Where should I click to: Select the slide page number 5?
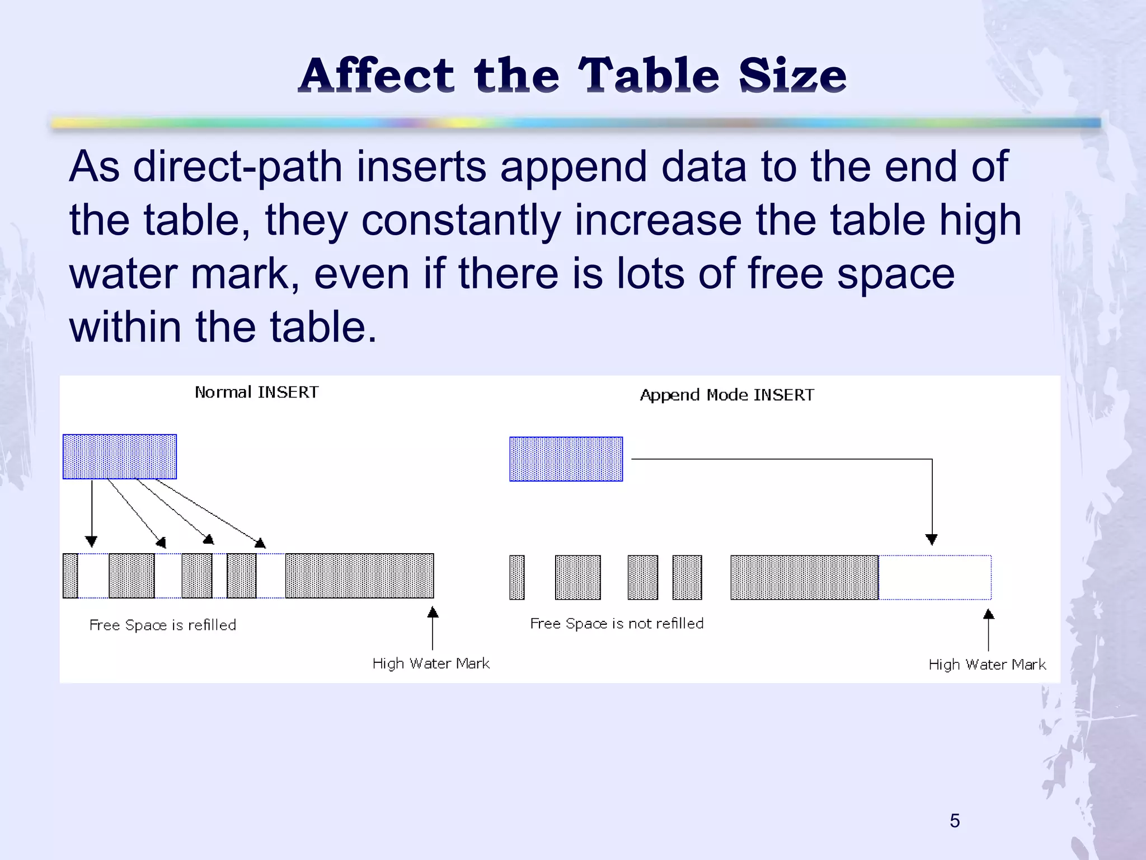[x=955, y=821]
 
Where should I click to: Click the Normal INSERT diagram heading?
[x=257, y=392]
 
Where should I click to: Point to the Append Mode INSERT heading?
[x=727, y=395]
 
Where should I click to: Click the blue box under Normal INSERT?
[x=120, y=457]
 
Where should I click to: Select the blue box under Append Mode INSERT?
[x=566, y=459]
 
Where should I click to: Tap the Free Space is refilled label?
[x=163, y=625]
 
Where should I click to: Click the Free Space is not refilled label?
[x=617, y=624]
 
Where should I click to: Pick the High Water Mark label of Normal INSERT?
[x=431, y=663]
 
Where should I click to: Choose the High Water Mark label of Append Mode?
[x=987, y=665]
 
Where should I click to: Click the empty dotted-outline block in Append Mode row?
[x=934, y=577]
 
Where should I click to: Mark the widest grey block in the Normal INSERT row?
[x=359, y=576]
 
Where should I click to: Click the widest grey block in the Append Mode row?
[x=804, y=577]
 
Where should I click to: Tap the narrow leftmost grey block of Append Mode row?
[x=517, y=577]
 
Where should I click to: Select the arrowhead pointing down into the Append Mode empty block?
[x=932, y=540]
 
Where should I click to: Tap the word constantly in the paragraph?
[x=461, y=219]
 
